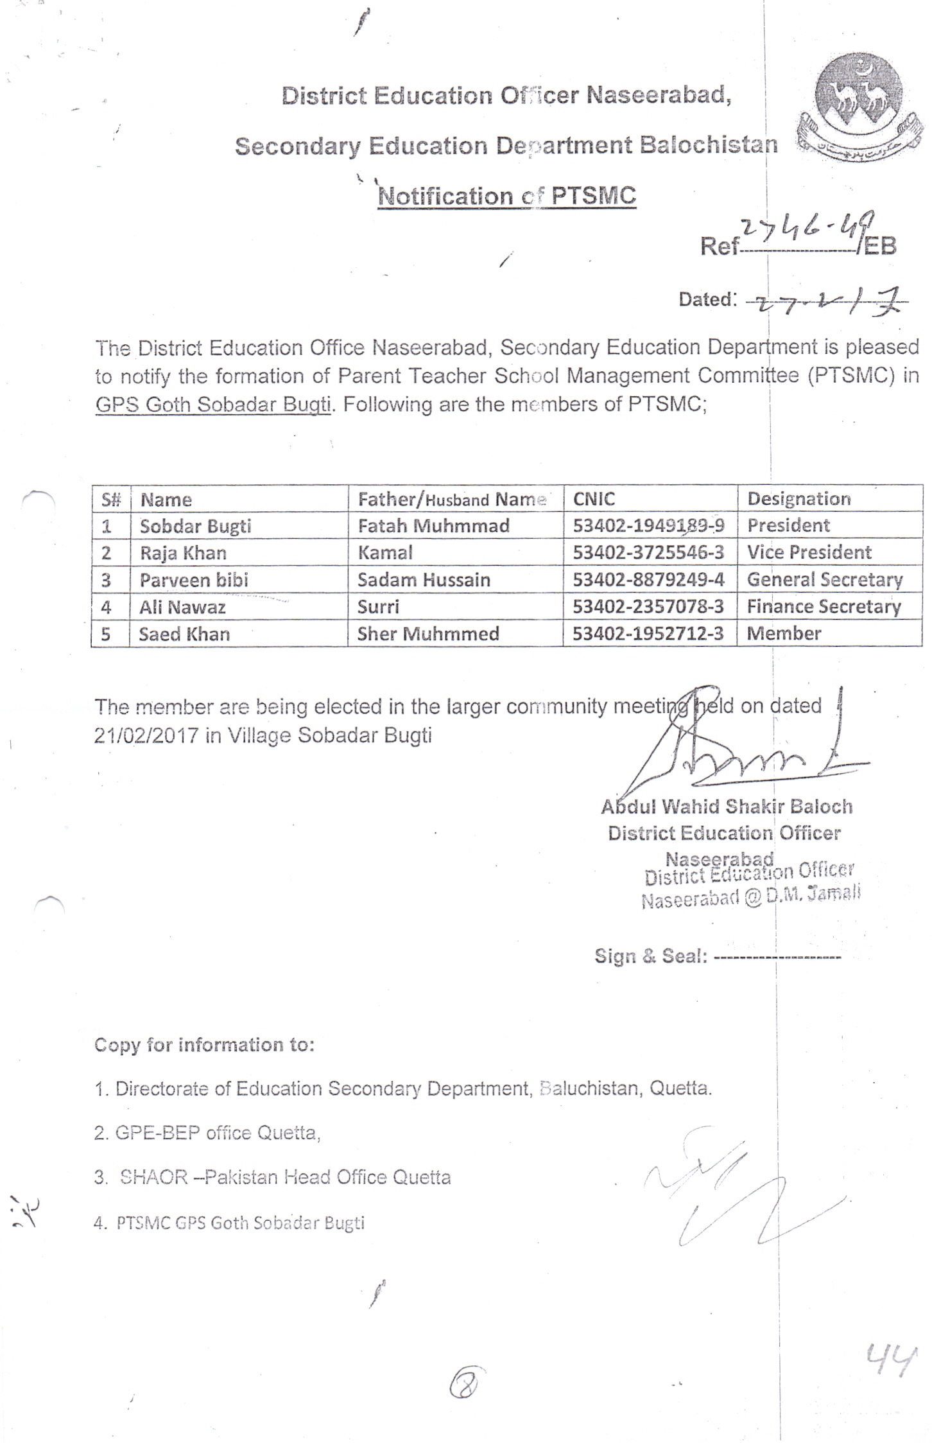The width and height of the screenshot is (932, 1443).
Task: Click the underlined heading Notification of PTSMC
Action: point(506,196)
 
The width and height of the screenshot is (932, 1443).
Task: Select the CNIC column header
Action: point(594,499)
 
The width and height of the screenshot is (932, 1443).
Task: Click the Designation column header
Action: point(798,499)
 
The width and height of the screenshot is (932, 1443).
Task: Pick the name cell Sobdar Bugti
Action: point(195,527)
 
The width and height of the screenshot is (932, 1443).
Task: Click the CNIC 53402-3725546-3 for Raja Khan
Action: point(648,553)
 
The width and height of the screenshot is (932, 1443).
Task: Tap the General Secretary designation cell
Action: point(824,580)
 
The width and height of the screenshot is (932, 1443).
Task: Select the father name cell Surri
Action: point(378,607)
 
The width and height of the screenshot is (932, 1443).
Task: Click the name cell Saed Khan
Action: point(184,634)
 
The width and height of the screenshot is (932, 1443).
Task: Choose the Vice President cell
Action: point(809,553)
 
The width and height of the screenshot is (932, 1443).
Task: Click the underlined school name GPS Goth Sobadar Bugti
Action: point(213,405)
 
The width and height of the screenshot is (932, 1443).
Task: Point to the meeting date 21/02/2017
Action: point(146,735)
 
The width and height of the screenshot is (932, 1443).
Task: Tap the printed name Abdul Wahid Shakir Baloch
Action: point(727,807)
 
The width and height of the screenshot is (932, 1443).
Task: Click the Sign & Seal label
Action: point(650,956)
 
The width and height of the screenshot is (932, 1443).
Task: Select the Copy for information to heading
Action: point(204,1045)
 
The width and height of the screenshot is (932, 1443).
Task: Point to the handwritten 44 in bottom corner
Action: point(889,1360)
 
